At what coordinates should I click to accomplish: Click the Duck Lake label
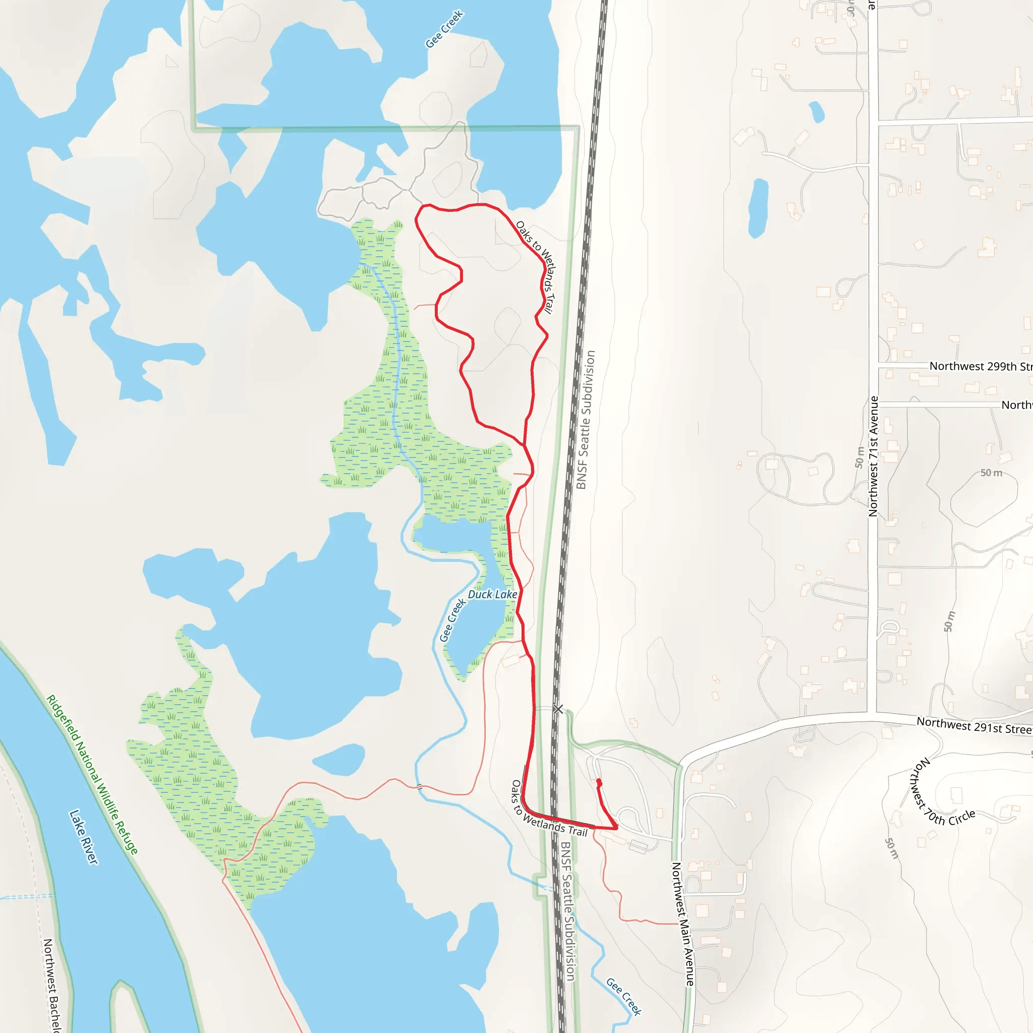[492, 595]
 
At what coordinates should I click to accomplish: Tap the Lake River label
[84, 837]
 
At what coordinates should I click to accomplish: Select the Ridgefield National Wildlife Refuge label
[92, 774]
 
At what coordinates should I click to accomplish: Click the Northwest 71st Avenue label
[874, 456]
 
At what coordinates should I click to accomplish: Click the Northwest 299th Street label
[981, 366]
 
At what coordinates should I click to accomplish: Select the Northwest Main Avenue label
[683, 924]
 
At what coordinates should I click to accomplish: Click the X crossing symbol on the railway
[558, 709]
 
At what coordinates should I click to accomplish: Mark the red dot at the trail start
[599, 782]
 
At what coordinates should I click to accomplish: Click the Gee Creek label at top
[444, 29]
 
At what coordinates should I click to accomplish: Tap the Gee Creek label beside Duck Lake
[452, 620]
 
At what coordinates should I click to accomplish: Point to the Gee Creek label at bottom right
[623, 996]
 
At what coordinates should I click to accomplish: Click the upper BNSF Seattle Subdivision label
[586, 420]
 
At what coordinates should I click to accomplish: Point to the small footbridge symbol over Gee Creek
[419, 786]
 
